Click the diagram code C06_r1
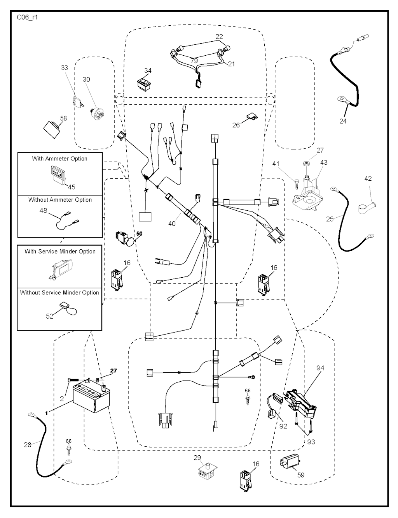click(x=27, y=18)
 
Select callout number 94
click(x=320, y=368)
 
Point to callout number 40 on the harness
click(x=172, y=223)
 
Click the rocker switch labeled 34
click(x=144, y=83)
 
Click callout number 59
click(x=301, y=475)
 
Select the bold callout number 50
click(x=139, y=234)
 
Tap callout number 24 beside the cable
click(x=343, y=121)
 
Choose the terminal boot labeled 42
click(x=367, y=204)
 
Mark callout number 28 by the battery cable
click(x=28, y=444)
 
